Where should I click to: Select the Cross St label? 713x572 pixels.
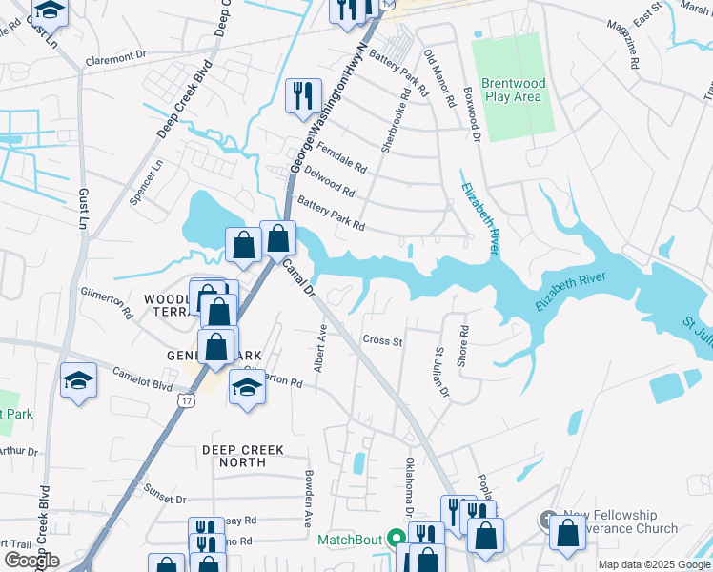click(x=382, y=340)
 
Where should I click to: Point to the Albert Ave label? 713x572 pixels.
click(x=321, y=348)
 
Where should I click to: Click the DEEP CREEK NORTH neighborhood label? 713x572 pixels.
click(x=234, y=455)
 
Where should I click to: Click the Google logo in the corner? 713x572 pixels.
click(x=31, y=561)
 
